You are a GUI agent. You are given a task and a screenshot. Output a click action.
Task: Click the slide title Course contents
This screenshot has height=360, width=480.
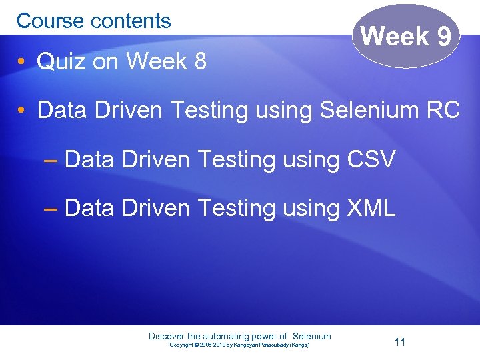coord(93,21)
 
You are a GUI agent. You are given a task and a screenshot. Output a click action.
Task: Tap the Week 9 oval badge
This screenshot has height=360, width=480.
coord(406,36)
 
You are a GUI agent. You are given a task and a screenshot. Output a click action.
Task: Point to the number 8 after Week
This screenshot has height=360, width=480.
coord(198,61)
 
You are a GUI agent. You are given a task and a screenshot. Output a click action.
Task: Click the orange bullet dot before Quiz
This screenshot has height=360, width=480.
coord(23,62)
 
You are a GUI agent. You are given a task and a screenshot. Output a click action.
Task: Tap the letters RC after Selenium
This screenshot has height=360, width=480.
coord(443,110)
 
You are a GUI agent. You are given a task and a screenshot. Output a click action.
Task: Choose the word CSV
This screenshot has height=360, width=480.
coord(371,159)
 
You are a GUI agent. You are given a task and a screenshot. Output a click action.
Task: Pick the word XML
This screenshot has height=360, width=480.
coord(371,208)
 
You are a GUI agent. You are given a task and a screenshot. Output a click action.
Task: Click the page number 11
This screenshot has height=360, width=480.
coord(400,342)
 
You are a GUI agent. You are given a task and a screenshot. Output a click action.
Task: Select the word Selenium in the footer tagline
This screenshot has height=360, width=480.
coord(311,336)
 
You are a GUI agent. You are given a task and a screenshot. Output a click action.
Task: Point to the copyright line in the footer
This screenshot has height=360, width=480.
coord(239,345)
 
